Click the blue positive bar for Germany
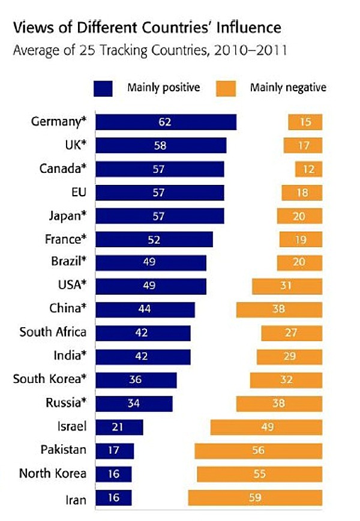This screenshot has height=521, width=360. coord(166,122)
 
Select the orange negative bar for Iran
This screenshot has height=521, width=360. coord(255,498)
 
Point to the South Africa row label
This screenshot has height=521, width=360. coord(53,332)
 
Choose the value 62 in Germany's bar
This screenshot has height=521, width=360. coord(166,122)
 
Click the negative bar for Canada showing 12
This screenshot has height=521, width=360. coord(308,169)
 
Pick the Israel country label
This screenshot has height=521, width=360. coord(71,427)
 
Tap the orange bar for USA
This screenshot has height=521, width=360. coord(287,286)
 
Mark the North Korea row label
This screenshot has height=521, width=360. coord(53,474)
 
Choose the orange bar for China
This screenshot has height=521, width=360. coord(279,310)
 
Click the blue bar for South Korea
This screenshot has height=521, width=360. coord(136,380)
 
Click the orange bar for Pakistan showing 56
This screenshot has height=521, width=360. coord(258,451)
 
